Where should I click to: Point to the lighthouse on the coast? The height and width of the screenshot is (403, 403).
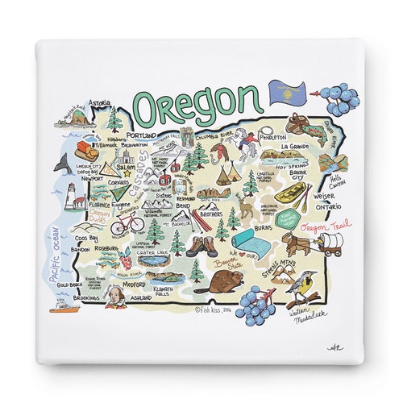pyautogui.click(x=71, y=195)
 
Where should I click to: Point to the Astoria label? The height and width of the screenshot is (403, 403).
pyautogui.click(x=100, y=103)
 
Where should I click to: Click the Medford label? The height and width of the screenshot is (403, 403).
pyautogui.click(x=134, y=285)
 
